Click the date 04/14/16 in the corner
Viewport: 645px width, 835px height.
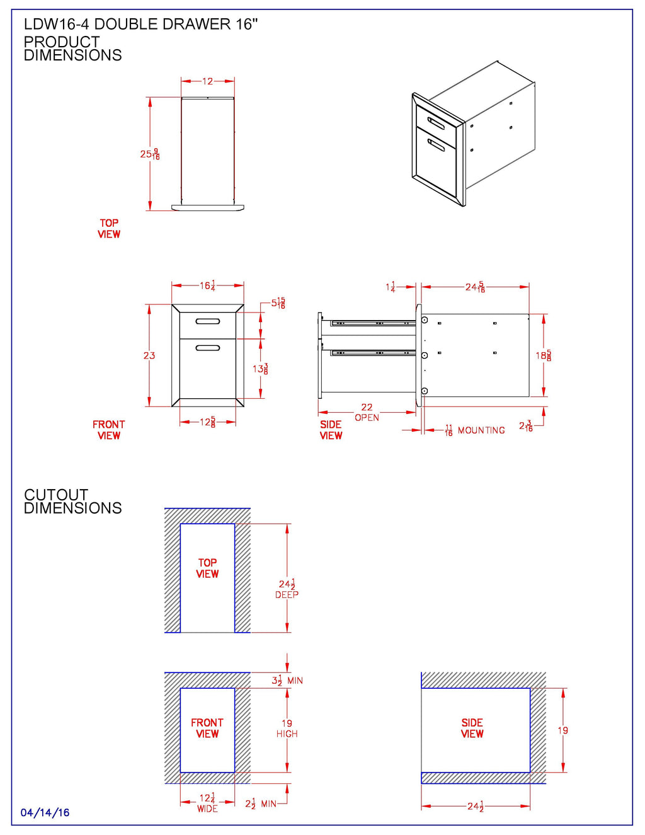pos(45,812)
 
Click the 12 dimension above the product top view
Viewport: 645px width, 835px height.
pos(207,81)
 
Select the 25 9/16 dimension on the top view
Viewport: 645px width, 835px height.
pos(150,154)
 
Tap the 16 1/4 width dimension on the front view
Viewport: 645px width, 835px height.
pos(208,285)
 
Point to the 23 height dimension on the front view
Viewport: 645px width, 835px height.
pos(149,355)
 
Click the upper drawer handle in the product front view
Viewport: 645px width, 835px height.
pos(208,321)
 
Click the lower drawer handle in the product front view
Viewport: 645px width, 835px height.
pos(208,348)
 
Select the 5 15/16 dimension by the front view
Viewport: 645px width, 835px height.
pos(278,303)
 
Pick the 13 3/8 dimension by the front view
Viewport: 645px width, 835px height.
pos(260,369)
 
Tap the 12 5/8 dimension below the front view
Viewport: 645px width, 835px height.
pos(208,422)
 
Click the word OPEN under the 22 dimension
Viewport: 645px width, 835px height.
pos(367,418)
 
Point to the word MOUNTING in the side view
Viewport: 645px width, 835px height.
pos(481,430)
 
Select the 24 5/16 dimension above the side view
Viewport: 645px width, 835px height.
pos(475,287)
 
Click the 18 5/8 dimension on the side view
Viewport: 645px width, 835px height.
pos(544,355)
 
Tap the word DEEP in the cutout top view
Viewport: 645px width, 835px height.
pos(287,595)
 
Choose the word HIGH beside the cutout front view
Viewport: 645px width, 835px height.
pos(287,734)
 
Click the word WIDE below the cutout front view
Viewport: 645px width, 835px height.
pos(207,809)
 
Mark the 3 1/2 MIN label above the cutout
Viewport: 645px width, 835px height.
pos(287,681)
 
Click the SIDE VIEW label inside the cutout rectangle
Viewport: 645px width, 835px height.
pos(472,728)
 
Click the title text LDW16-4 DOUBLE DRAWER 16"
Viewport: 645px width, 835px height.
pos(141,24)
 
